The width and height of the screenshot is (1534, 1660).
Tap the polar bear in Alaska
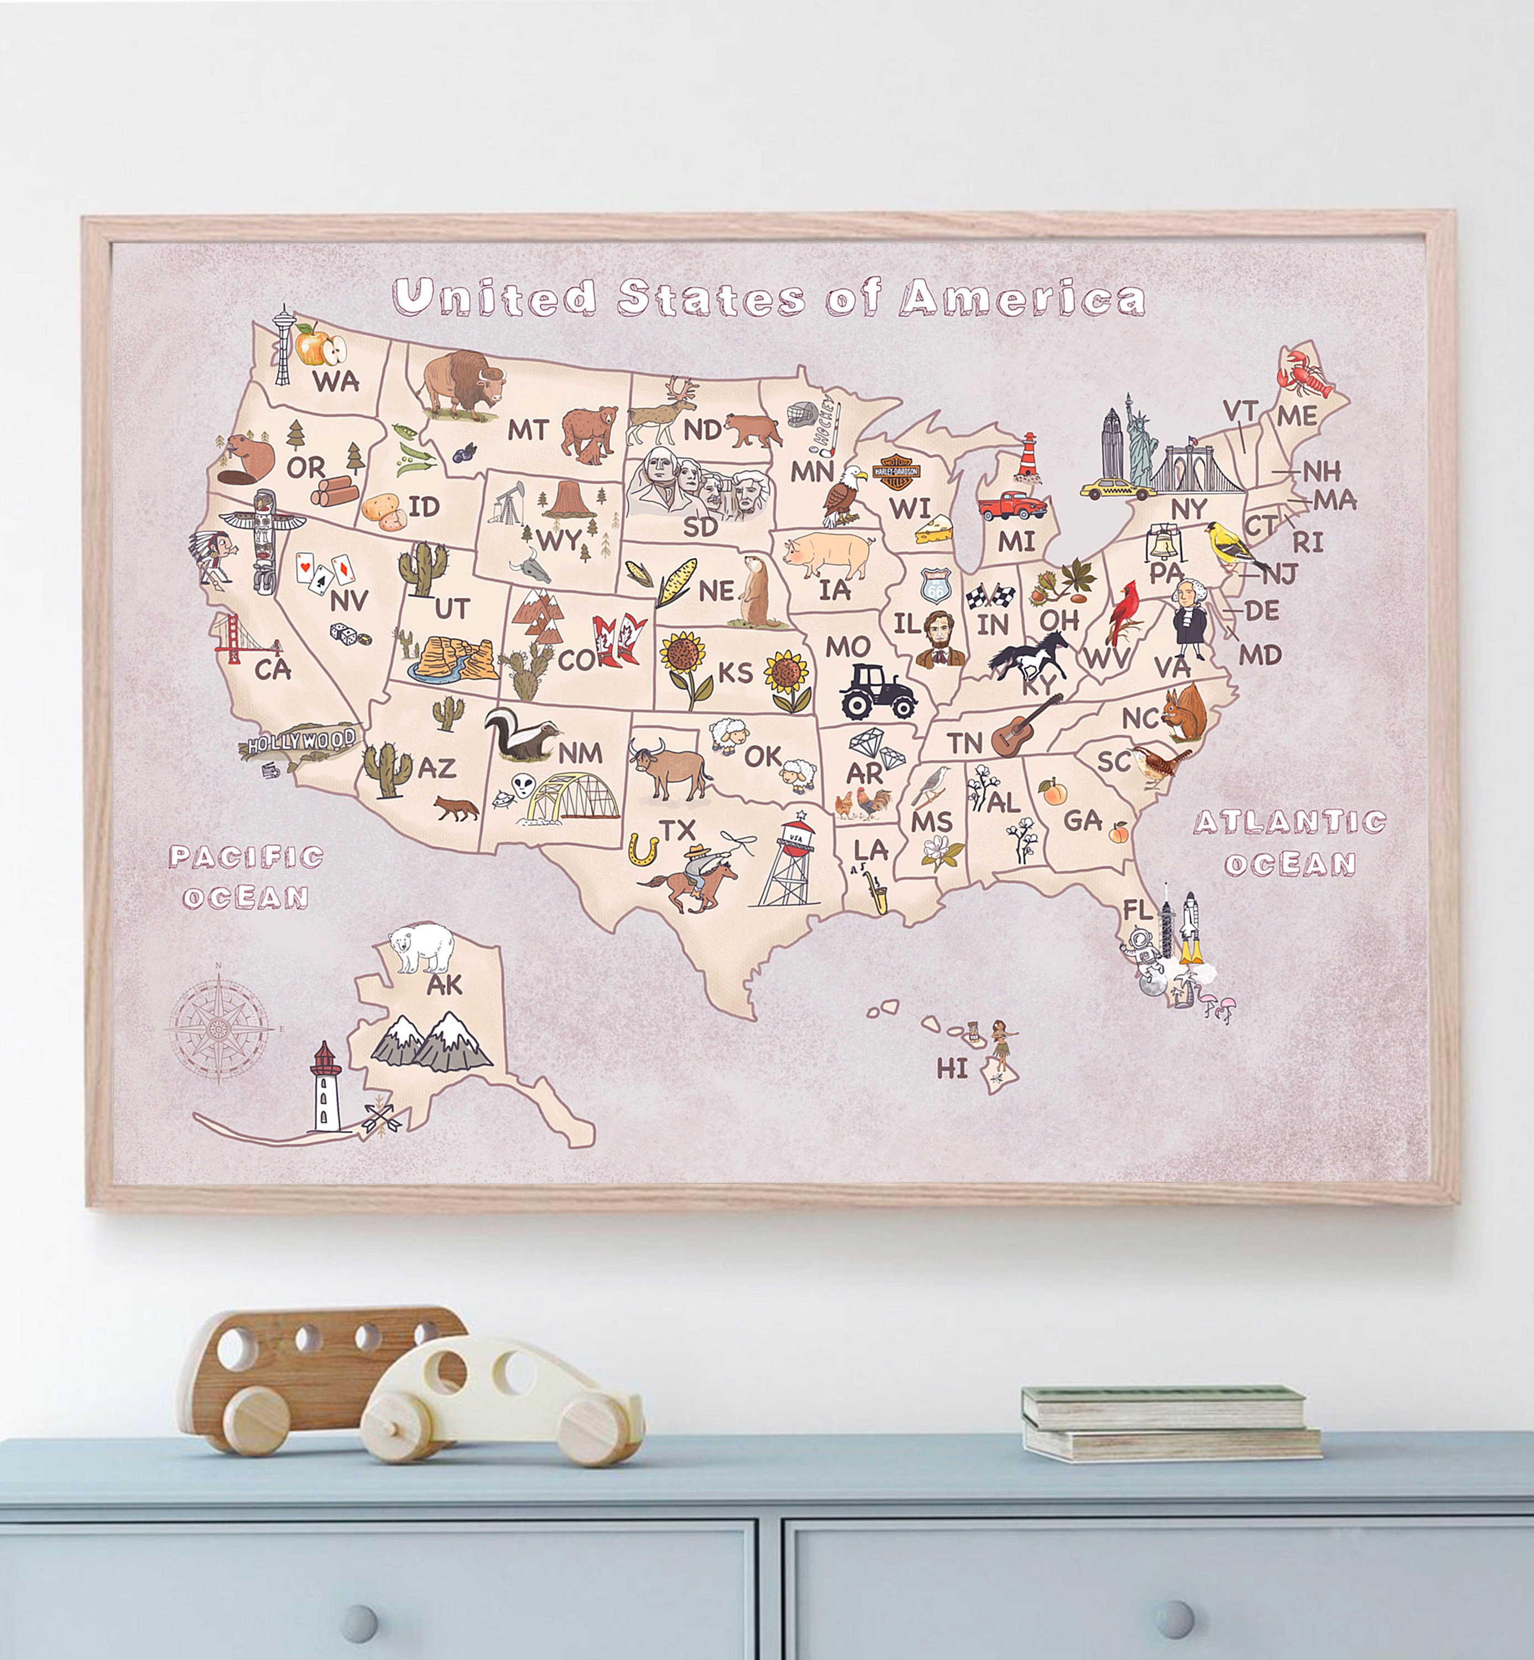[421, 948]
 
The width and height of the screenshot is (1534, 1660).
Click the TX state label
[676, 829]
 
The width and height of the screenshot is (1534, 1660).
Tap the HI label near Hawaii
[952, 1068]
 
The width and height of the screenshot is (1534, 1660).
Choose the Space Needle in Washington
[284, 345]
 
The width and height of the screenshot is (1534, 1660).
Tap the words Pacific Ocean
[245, 876]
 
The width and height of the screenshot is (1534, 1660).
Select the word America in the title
[1022, 298]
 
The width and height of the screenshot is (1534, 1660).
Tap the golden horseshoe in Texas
[644, 848]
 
